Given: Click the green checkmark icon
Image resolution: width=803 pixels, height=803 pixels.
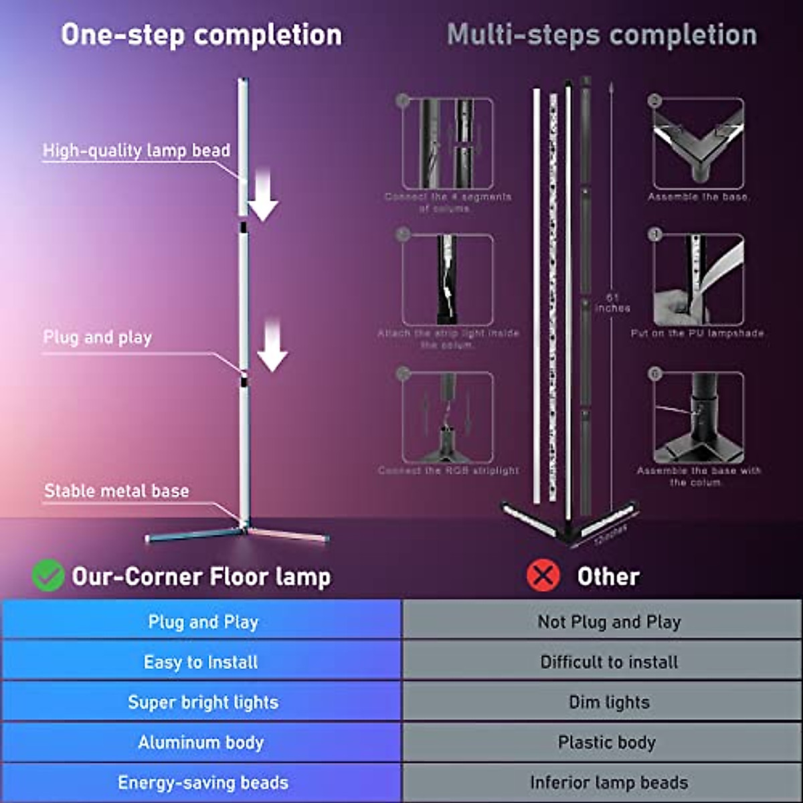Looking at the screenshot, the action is [48, 575].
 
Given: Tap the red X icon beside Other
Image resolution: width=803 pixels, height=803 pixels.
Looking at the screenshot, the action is [543, 575].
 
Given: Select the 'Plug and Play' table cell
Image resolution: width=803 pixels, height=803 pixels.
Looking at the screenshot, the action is [202, 621].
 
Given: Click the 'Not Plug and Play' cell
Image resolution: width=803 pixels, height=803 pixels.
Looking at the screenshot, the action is [608, 621].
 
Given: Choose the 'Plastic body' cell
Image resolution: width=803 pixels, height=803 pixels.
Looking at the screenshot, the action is [606, 742].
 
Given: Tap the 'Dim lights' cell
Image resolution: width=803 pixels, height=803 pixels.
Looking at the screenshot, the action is [608, 702].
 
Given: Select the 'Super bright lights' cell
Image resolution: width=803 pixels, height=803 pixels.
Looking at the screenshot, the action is [202, 702].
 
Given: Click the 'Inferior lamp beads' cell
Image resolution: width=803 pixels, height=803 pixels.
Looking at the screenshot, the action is [608, 782].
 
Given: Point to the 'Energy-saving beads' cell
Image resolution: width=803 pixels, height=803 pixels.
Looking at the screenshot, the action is [202, 782].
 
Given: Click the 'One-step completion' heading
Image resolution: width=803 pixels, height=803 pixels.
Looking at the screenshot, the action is [201, 35].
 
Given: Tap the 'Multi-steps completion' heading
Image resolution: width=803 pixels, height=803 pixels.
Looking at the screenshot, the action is [602, 35].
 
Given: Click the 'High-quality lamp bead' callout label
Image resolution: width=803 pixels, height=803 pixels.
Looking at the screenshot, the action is [137, 151].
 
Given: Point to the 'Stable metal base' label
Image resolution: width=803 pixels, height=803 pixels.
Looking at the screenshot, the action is [116, 490].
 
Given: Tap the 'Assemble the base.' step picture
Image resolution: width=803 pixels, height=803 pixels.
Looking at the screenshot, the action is [698, 143].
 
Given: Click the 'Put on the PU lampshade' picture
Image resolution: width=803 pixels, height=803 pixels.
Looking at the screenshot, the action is [698, 279].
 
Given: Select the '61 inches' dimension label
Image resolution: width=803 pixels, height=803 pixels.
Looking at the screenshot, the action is [612, 302].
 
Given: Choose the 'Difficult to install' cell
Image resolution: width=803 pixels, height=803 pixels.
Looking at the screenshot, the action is [608, 662].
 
